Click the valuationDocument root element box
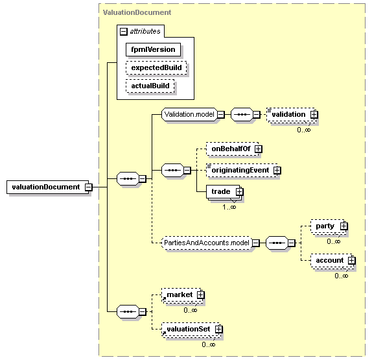tap(47, 187)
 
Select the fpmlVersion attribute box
tap(153, 49)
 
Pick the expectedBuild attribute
tap(156, 67)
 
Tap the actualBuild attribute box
tap(150, 86)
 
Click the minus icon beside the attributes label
tap(124, 32)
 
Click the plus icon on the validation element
tap(314, 115)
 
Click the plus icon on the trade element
tap(240, 191)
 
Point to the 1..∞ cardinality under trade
tap(229, 208)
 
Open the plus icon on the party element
tap(343, 226)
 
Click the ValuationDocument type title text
tap(137, 12)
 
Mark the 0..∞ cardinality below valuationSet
tap(209, 344)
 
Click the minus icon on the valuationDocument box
tap(89, 187)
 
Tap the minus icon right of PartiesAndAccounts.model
tap(256, 243)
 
